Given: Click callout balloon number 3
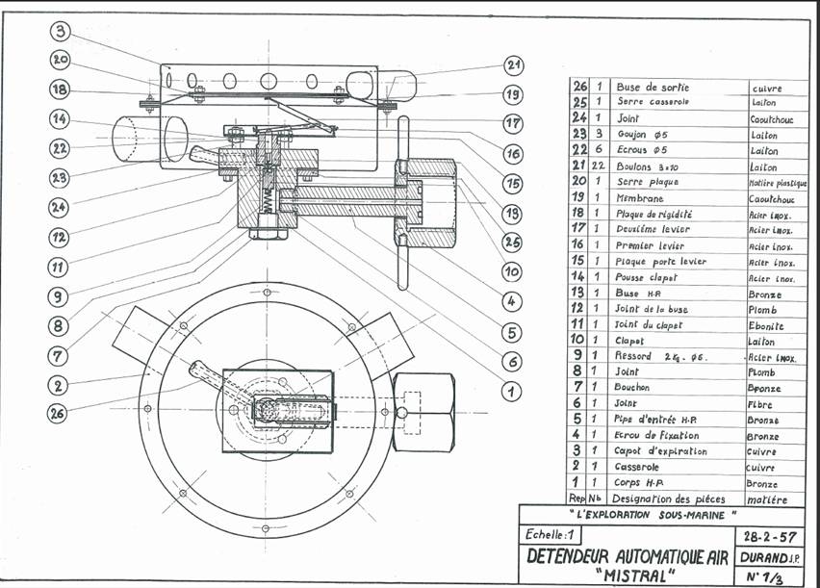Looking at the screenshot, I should [60, 31].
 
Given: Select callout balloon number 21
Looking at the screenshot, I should [513, 65].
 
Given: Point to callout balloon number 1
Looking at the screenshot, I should [512, 392].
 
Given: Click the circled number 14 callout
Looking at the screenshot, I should [60, 119].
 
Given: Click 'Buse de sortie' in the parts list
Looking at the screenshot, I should [653, 88].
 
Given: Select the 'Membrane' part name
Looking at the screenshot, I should [639, 197].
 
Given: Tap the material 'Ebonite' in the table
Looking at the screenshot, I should [766, 325].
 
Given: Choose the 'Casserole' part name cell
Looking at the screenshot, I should [638, 466].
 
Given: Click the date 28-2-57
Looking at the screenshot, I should [770, 536].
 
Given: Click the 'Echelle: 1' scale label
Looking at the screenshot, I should [551, 534].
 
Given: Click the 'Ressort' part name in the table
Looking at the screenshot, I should [635, 357].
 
